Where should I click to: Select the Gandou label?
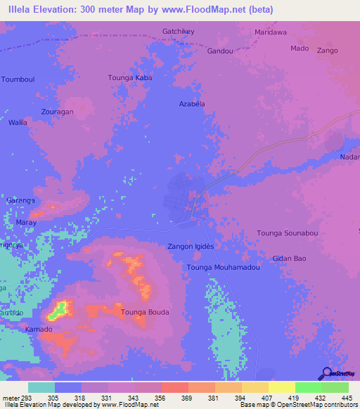220,51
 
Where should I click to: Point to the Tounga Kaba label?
130,77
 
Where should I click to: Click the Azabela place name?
191,103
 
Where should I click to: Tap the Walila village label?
18,122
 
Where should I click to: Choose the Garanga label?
20,200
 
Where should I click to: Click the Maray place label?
26,222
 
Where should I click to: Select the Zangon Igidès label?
190,247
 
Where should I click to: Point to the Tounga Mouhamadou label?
224,268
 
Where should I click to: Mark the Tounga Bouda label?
146,312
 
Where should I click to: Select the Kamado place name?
39,330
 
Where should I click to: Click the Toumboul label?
18,79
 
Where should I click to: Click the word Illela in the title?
20,10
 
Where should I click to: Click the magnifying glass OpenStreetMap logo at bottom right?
328,373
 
